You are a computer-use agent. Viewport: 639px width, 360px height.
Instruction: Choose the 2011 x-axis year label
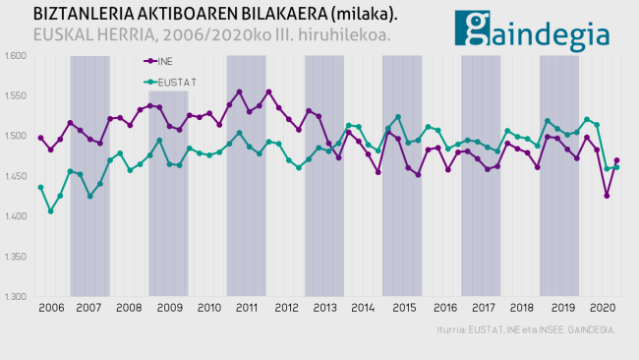pos(246,308)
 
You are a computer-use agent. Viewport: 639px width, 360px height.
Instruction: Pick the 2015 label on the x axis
pos(402,308)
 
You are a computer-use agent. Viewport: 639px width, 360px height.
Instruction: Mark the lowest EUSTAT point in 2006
pos(50,211)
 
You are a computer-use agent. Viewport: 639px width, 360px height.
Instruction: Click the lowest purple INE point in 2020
pos(607,196)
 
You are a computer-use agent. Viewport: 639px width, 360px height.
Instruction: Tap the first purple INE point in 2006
pos(40,138)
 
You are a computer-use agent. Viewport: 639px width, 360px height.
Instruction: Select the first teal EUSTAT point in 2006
pos(40,188)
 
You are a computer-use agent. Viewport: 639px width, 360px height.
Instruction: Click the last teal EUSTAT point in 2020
pos(616,167)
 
